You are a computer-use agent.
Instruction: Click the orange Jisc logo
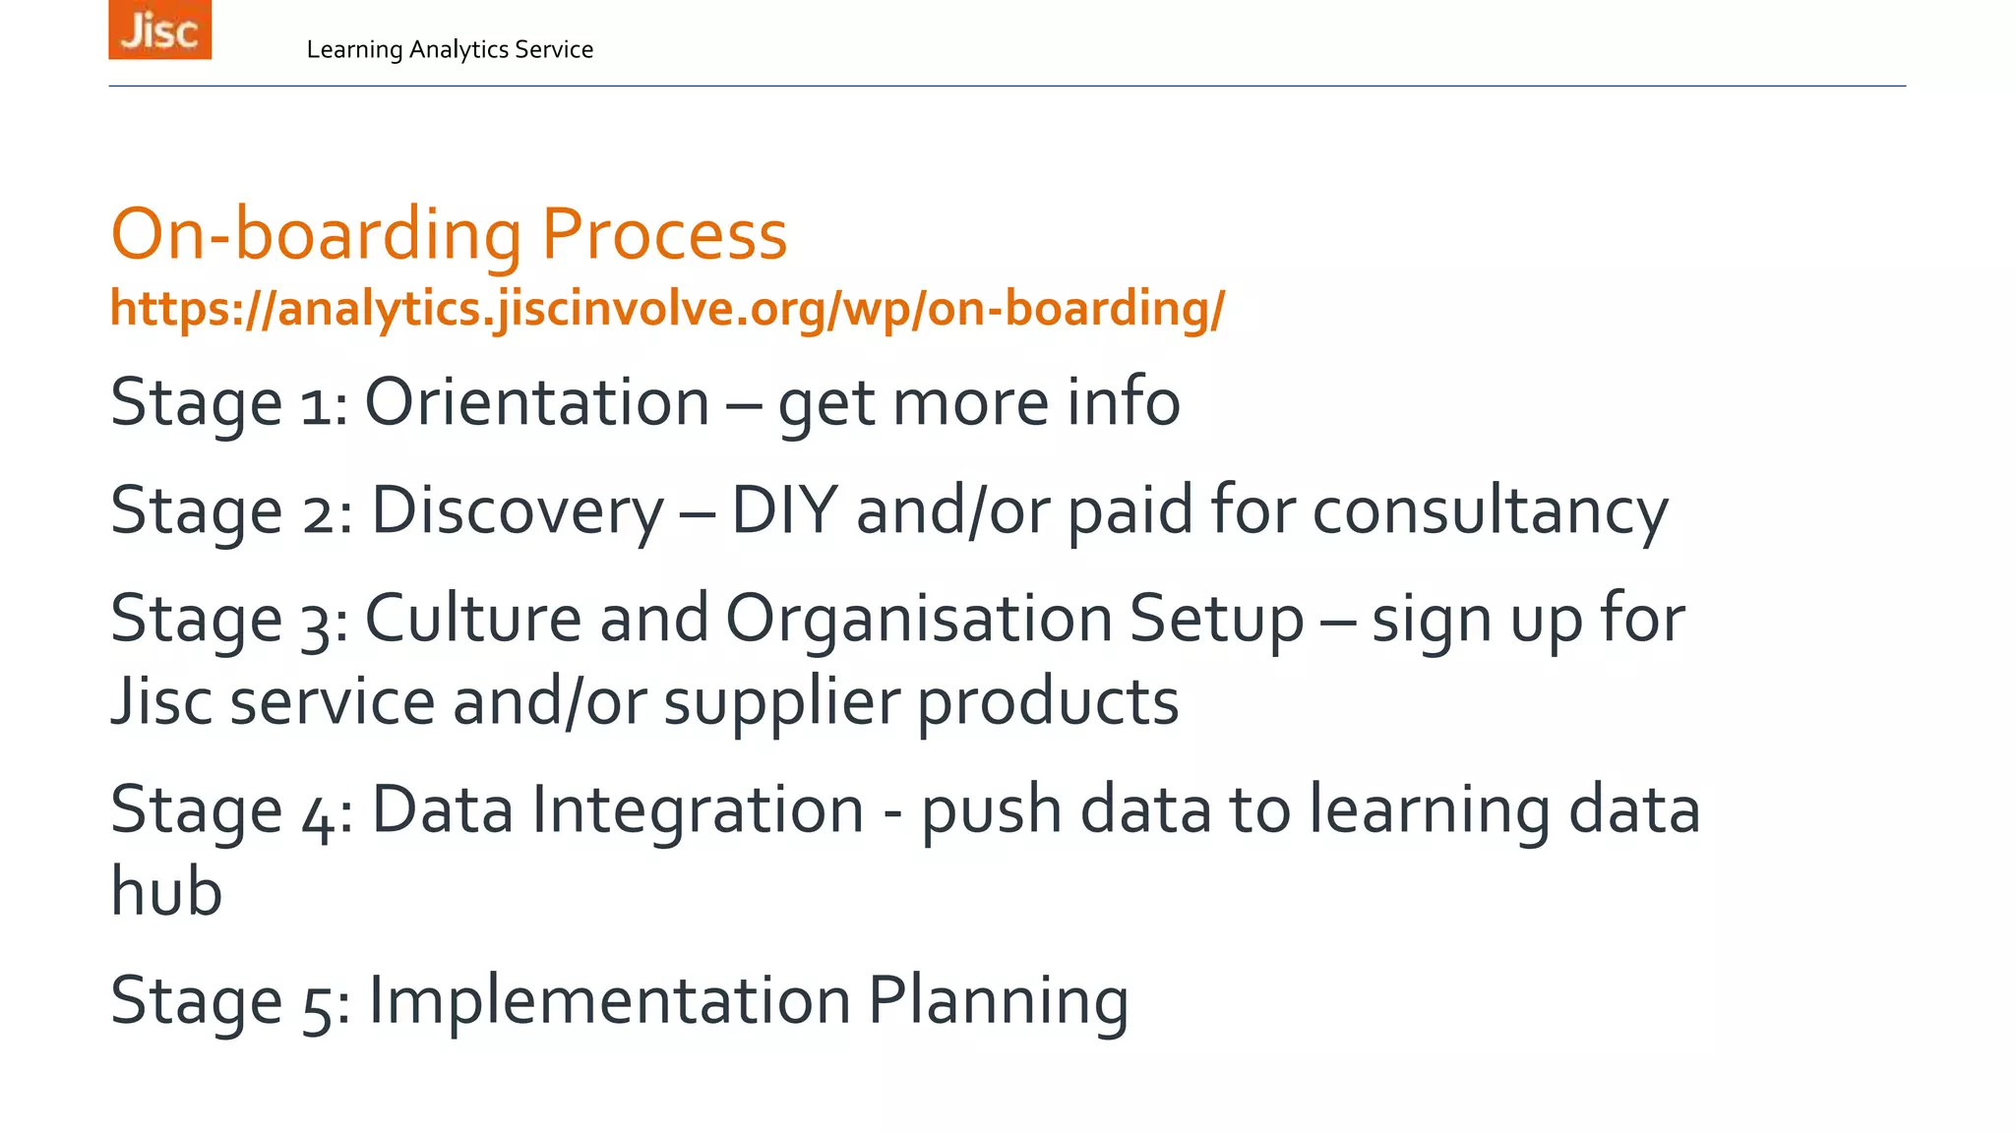(159, 30)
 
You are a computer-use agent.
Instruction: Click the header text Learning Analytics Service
(450, 49)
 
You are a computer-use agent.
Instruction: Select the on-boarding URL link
(667, 309)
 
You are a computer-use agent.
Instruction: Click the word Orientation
(537, 402)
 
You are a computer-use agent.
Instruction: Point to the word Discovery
(518, 510)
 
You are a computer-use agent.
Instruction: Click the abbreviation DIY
(784, 510)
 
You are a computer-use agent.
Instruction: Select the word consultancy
(1490, 510)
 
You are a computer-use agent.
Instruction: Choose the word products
(1048, 702)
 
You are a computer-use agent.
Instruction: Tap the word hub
(166, 891)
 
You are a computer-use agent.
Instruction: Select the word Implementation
(609, 1000)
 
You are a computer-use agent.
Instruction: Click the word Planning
(998, 1000)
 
